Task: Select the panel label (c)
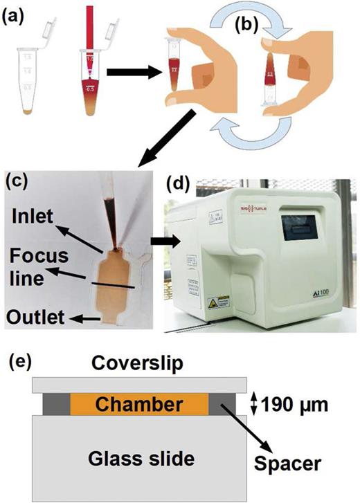17,181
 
